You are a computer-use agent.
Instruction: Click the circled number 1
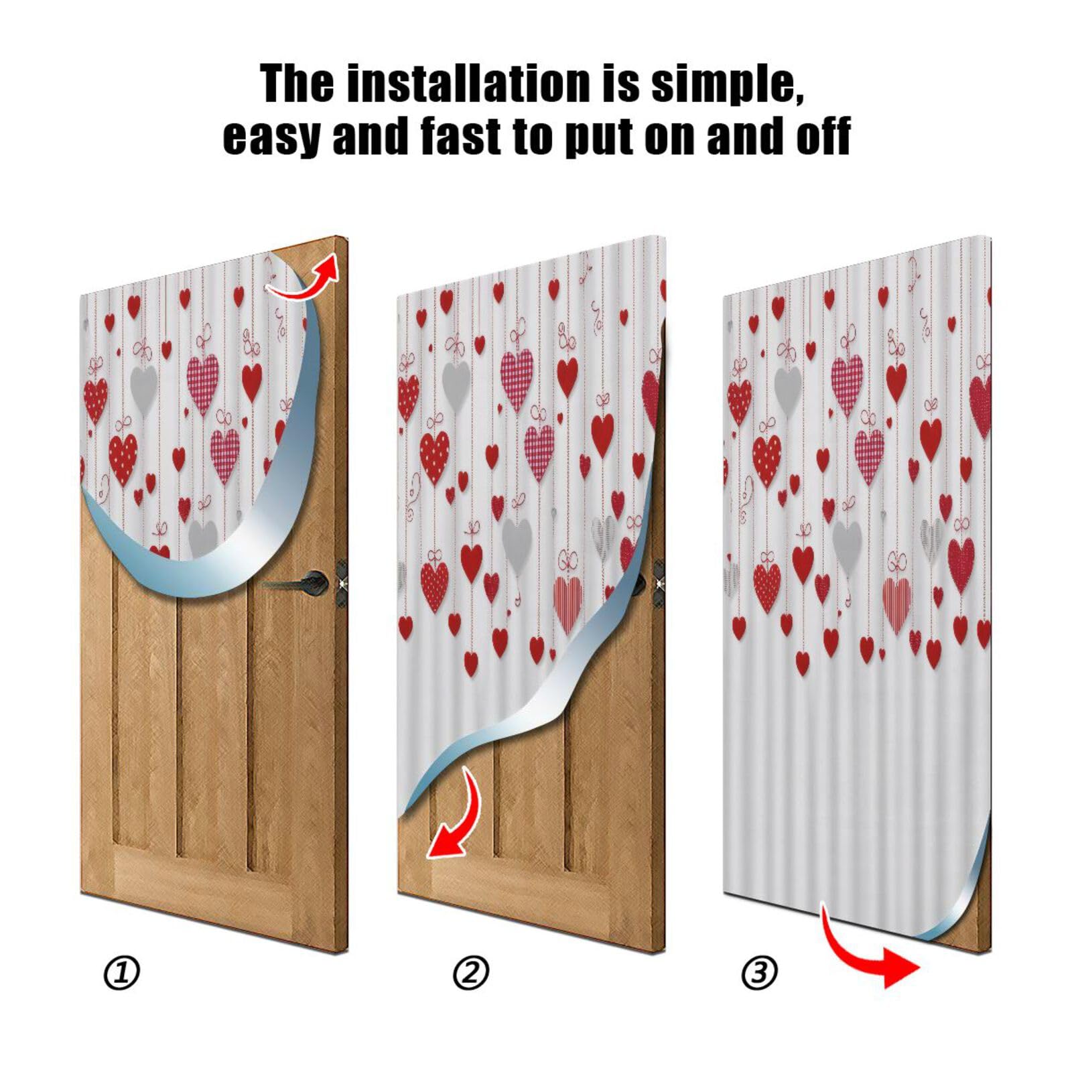pos(122,973)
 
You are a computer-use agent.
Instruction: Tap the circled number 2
pos(471,973)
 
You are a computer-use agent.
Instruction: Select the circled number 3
pos(760,973)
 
